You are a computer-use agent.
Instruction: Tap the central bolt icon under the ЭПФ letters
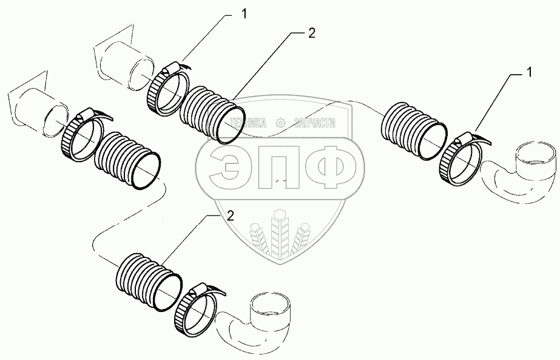[280, 228]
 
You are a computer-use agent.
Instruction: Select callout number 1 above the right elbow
[528, 73]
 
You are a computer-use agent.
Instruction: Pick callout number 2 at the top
[311, 34]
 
